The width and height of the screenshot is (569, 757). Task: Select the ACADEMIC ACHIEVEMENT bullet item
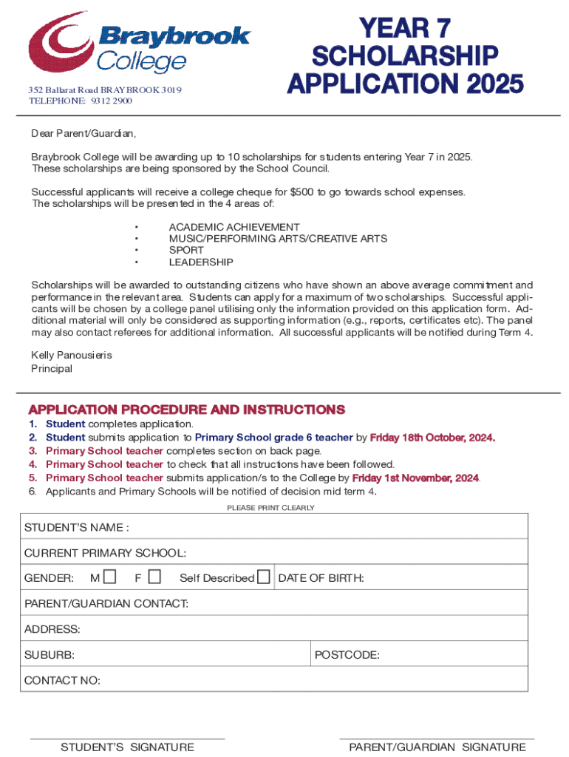[x=234, y=227]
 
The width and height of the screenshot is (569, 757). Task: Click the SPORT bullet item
[x=186, y=251]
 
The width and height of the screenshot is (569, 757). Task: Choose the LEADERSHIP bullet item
[x=201, y=262]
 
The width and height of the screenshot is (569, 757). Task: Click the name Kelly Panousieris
[x=72, y=356]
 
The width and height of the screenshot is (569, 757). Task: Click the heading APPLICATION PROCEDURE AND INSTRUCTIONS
[x=186, y=410]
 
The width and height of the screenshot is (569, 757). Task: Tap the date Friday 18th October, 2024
[x=432, y=438]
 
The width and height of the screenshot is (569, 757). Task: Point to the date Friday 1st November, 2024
[x=416, y=478]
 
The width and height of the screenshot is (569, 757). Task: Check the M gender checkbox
[x=110, y=577]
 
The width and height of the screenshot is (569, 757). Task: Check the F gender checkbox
[x=154, y=577]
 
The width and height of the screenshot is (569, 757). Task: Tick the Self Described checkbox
[x=263, y=577]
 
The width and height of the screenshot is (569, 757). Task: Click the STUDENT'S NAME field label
[x=77, y=528]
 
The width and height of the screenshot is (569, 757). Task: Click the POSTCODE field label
[x=347, y=655]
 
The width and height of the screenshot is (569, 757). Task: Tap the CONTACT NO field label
[x=62, y=681]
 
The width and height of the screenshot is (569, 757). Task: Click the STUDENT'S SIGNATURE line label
[x=127, y=747]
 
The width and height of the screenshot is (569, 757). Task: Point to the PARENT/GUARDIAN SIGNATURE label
[x=437, y=747]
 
